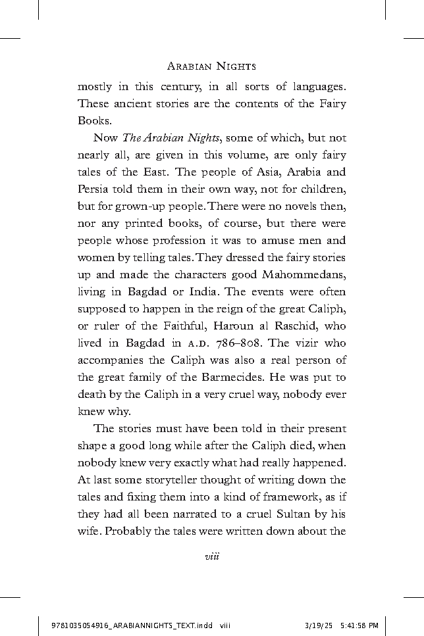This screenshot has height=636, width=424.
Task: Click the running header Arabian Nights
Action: (211, 66)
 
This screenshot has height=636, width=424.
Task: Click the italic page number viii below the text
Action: (211, 556)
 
